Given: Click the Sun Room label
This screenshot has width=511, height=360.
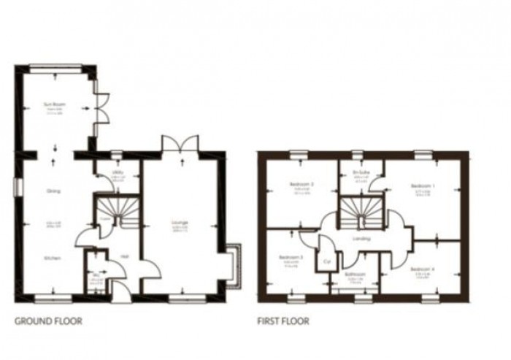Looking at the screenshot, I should click(x=52, y=106).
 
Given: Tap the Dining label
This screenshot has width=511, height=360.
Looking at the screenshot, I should click(x=53, y=192).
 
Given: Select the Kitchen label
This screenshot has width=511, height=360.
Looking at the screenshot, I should click(x=51, y=258).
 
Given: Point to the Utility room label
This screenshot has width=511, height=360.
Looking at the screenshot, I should click(x=115, y=172).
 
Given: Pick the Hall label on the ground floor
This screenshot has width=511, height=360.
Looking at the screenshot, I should click(x=125, y=256).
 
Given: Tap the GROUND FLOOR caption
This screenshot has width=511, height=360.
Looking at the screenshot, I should click(x=49, y=321).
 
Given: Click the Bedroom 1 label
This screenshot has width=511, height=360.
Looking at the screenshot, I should click(x=423, y=185).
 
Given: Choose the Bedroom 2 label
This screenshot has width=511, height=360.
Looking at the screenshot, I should click(x=301, y=184).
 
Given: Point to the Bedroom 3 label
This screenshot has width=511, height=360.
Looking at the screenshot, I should click(x=291, y=258).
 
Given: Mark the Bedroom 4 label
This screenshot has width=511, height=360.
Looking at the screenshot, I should click(x=423, y=269).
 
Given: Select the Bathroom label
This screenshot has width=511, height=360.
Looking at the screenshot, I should click(x=356, y=275).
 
